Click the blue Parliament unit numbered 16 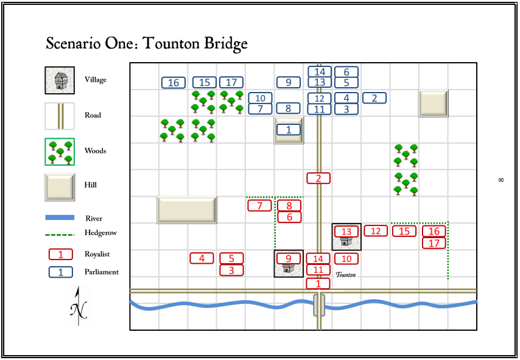point(174,82)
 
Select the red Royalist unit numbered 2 point(318,178)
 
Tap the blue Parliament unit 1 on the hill point(289,129)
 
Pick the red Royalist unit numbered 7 point(260,205)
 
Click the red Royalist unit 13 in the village point(346,231)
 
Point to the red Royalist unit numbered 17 point(434,243)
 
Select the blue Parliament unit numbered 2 point(374,97)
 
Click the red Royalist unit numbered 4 point(202,258)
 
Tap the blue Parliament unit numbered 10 point(260,97)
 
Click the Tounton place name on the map point(345,275)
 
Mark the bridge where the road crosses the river point(318,305)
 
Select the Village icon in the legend point(60,80)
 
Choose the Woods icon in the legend point(60,151)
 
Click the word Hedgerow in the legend point(100,233)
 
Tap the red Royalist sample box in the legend point(60,254)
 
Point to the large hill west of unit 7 point(187,210)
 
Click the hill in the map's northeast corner point(433,103)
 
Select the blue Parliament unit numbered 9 point(289,82)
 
